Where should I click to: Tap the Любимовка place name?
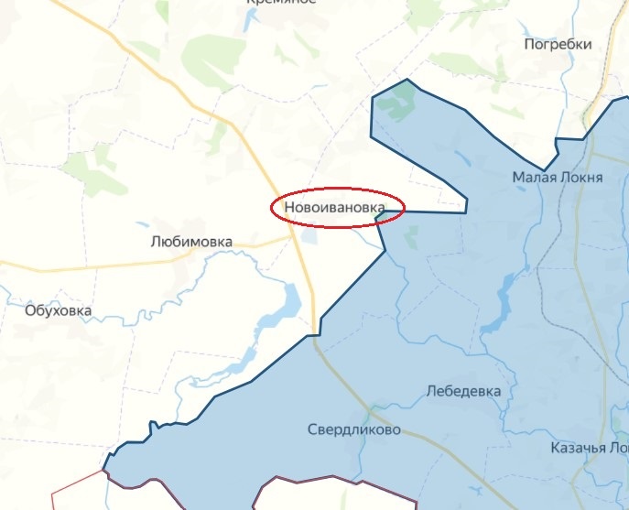pyautogui.click(x=190, y=242)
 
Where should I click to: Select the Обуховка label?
pyautogui.click(x=59, y=310)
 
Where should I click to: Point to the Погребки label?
pyautogui.click(x=558, y=44)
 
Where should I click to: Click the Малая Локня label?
pyautogui.click(x=557, y=177)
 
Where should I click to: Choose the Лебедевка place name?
pyautogui.click(x=463, y=391)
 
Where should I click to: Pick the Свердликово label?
pyautogui.click(x=353, y=429)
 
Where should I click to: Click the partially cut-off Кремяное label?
pyautogui.click(x=280, y=3)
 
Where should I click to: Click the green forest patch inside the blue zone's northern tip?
pyautogui.click(x=396, y=103)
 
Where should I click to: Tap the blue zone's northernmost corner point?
pyautogui.click(x=407, y=81)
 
